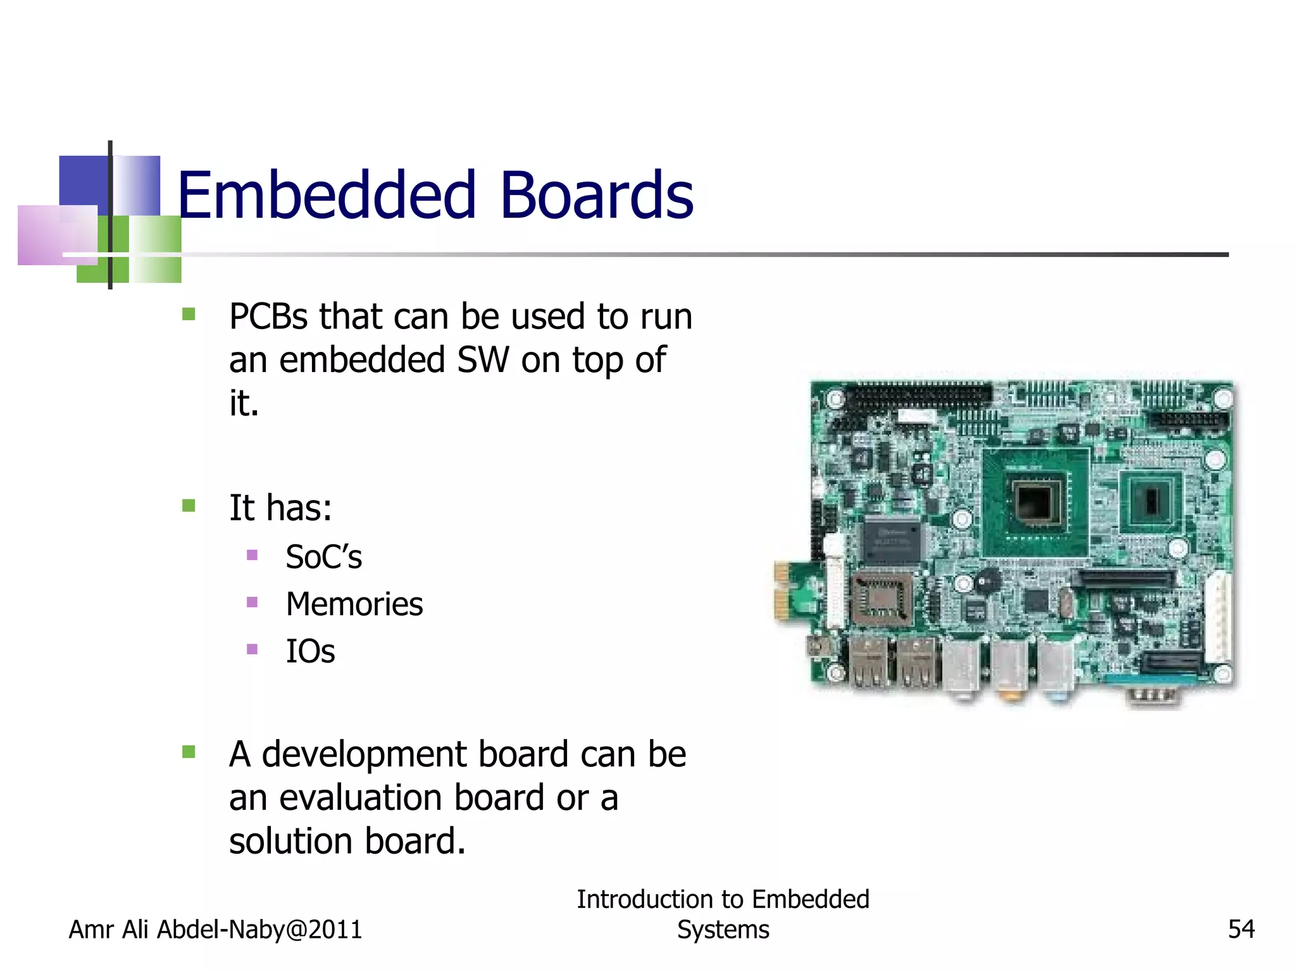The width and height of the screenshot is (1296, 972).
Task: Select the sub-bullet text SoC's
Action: (x=323, y=558)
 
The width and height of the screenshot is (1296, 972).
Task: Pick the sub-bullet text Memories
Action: (x=354, y=604)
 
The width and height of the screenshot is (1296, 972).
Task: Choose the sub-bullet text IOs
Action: (x=310, y=652)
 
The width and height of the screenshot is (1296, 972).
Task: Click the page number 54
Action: (x=1241, y=929)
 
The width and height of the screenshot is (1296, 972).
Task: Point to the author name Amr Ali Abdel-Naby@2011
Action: (x=215, y=930)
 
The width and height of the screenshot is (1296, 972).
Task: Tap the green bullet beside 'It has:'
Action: (x=189, y=506)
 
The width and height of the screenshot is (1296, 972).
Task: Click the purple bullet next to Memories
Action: (x=252, y=602)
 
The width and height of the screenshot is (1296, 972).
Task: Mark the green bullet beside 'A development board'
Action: (x=189, y=752)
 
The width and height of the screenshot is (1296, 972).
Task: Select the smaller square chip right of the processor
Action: (x=1150, y=501)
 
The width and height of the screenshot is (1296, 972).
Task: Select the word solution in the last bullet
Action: (x=292, y=842)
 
